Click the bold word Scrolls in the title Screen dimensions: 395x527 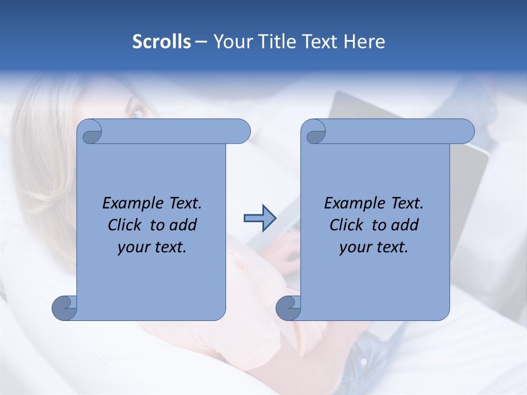point(161,42)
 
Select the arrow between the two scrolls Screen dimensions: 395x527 point(260,218)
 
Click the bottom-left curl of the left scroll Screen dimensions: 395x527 point(65,308)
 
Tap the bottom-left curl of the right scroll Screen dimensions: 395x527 point(289,308)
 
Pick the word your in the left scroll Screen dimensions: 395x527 point(132,247)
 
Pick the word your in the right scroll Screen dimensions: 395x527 point(354,247)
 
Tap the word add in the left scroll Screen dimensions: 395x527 point(183,225)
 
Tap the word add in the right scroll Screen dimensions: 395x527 point(405,225)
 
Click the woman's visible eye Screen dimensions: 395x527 point(136,114)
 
